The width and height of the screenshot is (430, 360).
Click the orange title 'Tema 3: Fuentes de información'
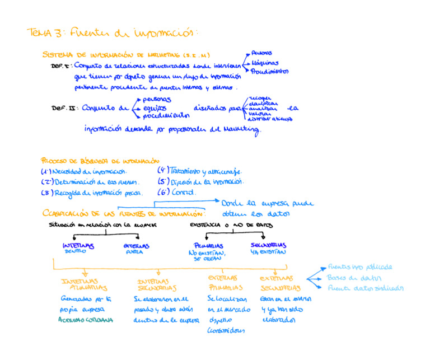point(112,32)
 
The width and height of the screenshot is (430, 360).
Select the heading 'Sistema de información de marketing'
point(126,55)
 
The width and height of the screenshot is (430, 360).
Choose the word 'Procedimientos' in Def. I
point(269,72)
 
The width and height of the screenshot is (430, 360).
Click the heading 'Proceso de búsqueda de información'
point(96,160)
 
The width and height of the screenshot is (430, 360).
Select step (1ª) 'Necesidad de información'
point(84,171)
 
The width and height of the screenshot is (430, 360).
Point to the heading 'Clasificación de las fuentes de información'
point(124,213)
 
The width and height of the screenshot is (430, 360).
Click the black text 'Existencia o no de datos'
point(231,225)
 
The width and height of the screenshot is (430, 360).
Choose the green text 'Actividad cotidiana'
point(86,320)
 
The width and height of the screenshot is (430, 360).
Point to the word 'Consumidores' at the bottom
point(226,330)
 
